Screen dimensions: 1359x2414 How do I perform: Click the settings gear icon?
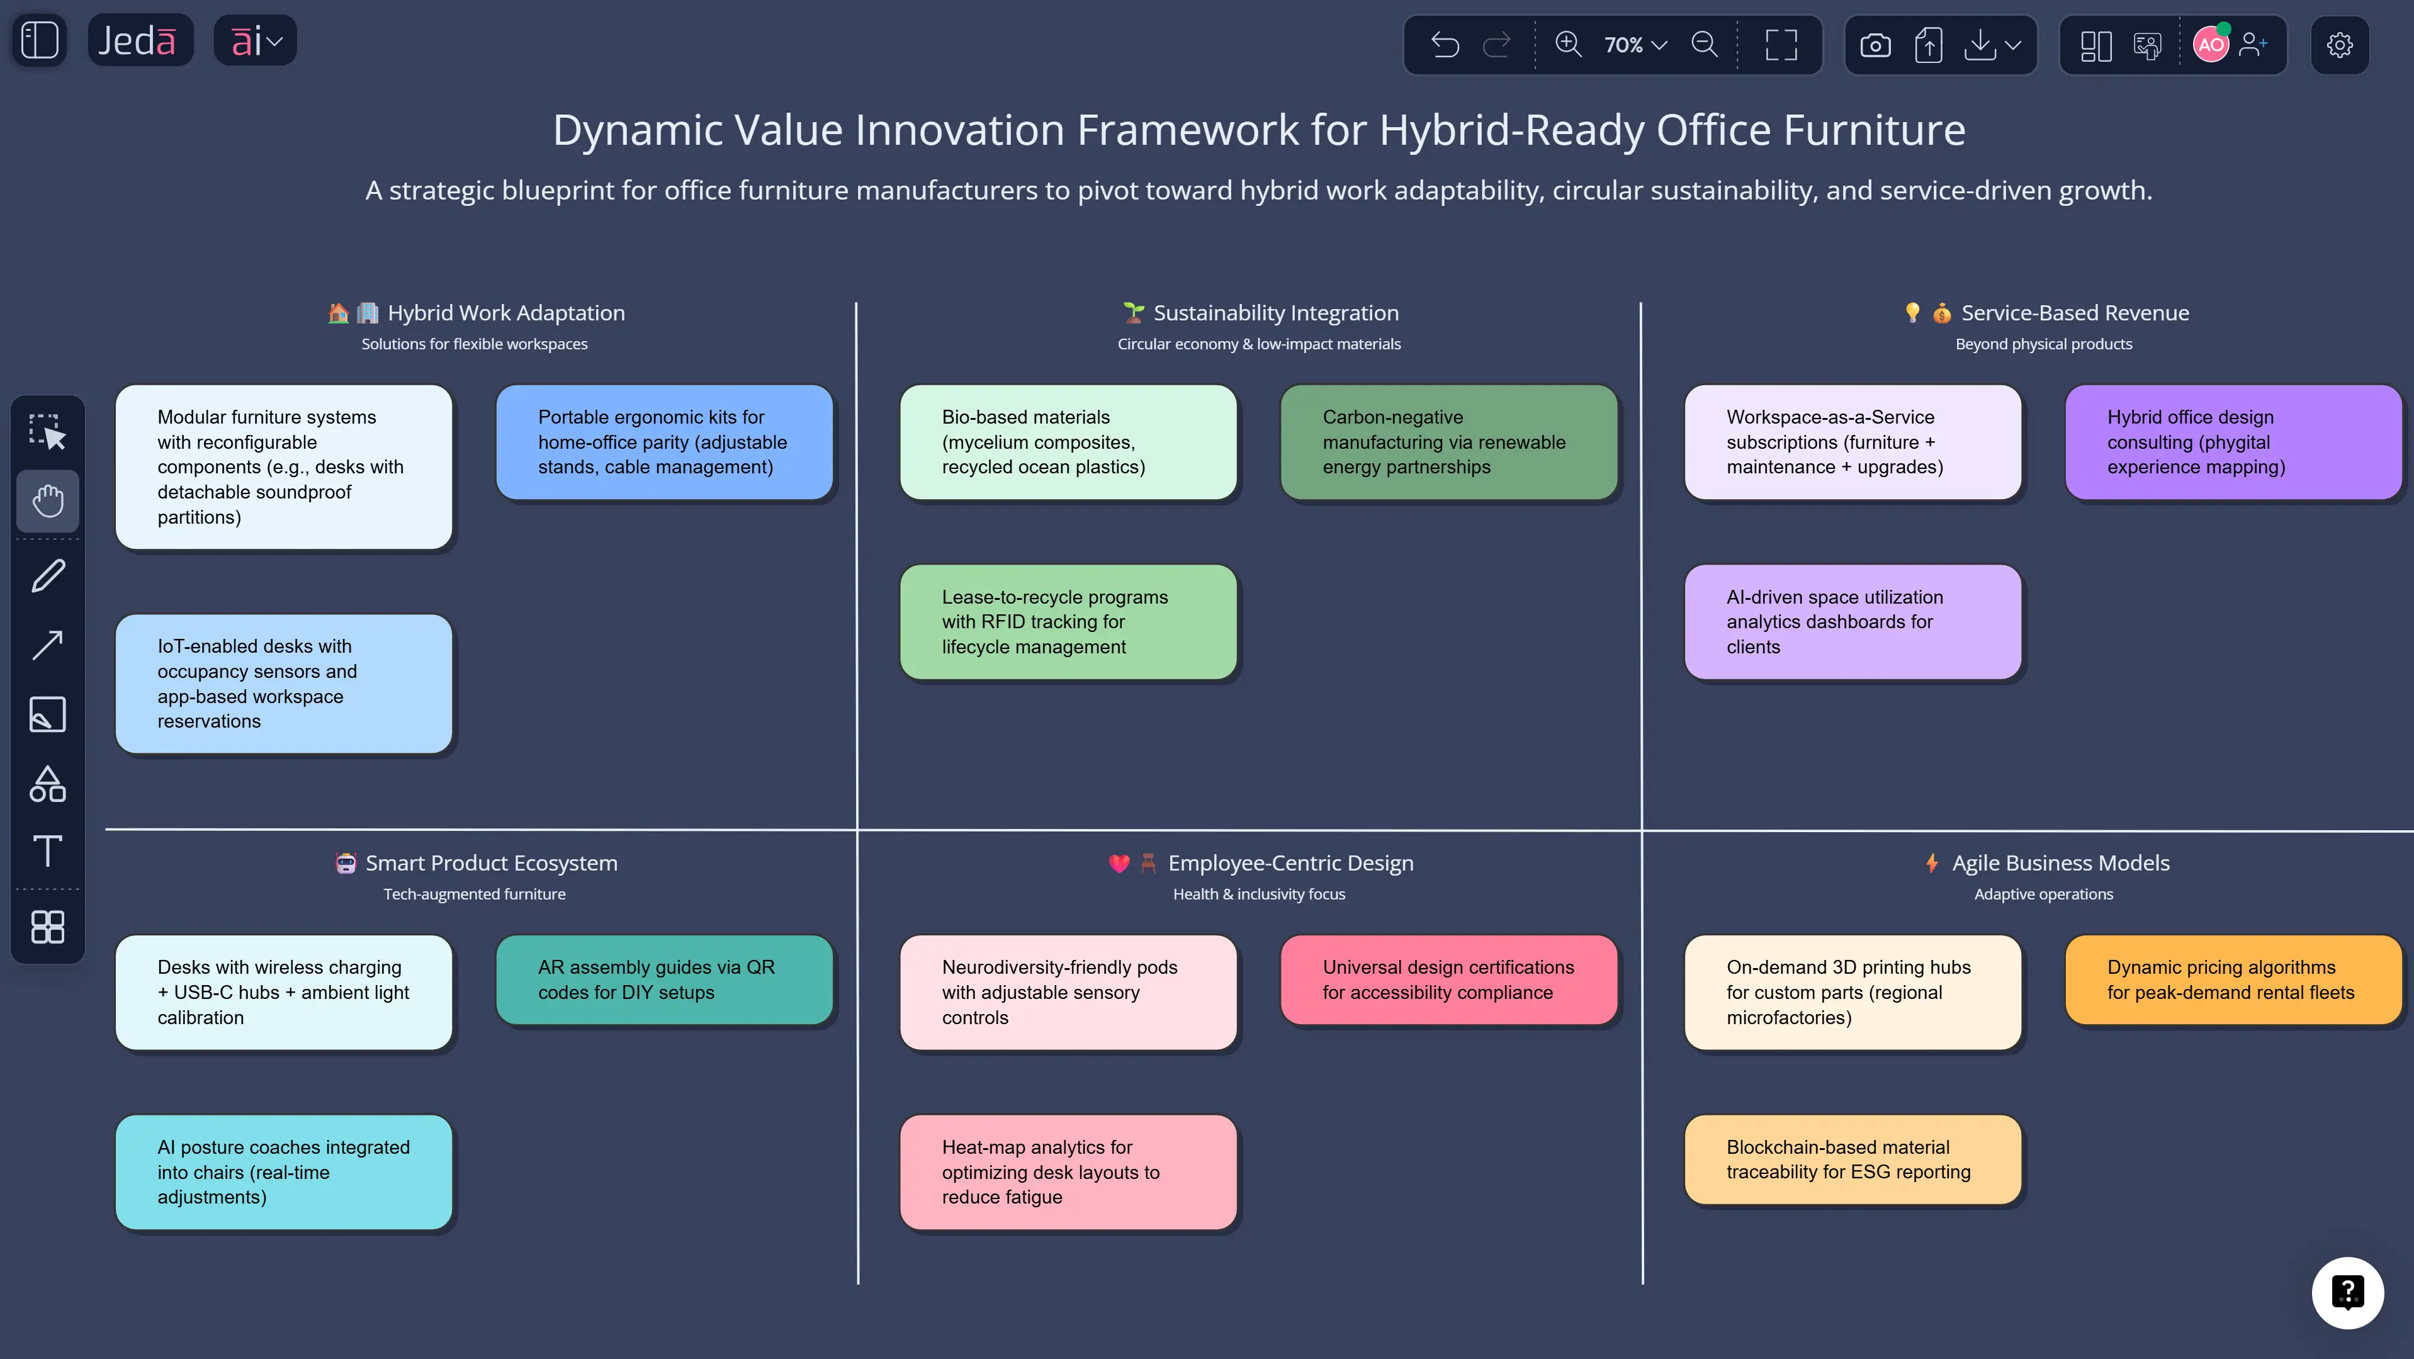click(x=2339, y=45)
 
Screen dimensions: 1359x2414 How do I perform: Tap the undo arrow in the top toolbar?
click(x=1445, y=45)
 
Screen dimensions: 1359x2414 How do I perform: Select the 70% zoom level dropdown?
click(x=1635, y=45)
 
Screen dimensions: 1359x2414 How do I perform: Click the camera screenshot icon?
click(x=1875, y=45)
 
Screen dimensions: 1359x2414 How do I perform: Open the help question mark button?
click(x=2347, y=1292)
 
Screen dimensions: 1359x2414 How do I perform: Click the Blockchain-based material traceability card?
click(x=1853, y=1159)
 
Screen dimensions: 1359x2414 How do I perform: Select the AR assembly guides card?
click(x=663, y=979)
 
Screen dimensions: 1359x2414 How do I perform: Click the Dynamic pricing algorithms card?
click(x=2232, y=979)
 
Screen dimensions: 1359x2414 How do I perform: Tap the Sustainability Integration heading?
click(x=1275, y=313)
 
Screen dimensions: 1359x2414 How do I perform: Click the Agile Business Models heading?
click(x=2060, y=863)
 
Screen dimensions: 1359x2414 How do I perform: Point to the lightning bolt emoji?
click(x=1931, y=863)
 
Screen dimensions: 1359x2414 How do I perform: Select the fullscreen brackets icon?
click(x=1781, y=45)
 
